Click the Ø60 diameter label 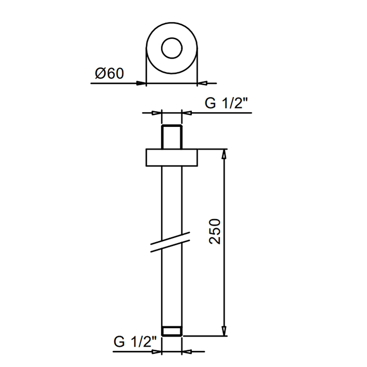[x=109, y=73]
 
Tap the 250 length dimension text [x=214, y=232]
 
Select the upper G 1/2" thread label [x=226, y=103]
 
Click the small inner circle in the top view [x=172, y=38]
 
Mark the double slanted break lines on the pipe [x=170, y=242]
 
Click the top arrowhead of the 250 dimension [x=224, y=154]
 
